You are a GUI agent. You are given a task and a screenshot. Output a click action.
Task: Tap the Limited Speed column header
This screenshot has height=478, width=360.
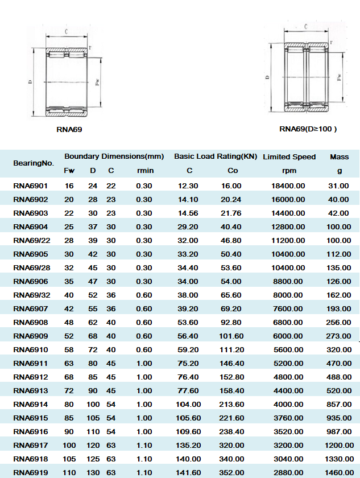point(289,156)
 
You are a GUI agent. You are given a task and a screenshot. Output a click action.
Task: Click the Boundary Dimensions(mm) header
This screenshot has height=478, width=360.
point(114,156)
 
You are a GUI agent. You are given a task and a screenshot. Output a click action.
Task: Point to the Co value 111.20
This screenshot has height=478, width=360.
point(231,350)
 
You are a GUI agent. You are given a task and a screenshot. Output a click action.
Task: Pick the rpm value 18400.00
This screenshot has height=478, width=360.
point(289,186)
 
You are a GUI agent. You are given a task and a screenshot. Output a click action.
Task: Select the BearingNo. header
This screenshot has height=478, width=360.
point(34,163)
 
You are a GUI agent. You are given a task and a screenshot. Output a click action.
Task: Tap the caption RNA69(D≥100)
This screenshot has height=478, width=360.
point(308,129)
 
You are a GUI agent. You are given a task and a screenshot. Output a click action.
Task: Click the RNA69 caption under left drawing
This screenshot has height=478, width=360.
point(69,130)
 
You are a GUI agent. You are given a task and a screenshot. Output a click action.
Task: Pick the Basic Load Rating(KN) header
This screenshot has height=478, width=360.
point(216,156)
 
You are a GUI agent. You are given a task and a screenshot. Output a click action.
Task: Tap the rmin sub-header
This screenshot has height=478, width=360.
point(144,171)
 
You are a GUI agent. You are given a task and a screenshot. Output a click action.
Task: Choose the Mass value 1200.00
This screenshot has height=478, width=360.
point(339,446)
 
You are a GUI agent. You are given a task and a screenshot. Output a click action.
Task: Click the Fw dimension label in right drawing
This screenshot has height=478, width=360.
point(339,76)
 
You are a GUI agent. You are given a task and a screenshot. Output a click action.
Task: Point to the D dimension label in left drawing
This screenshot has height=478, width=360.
point(30,83)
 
